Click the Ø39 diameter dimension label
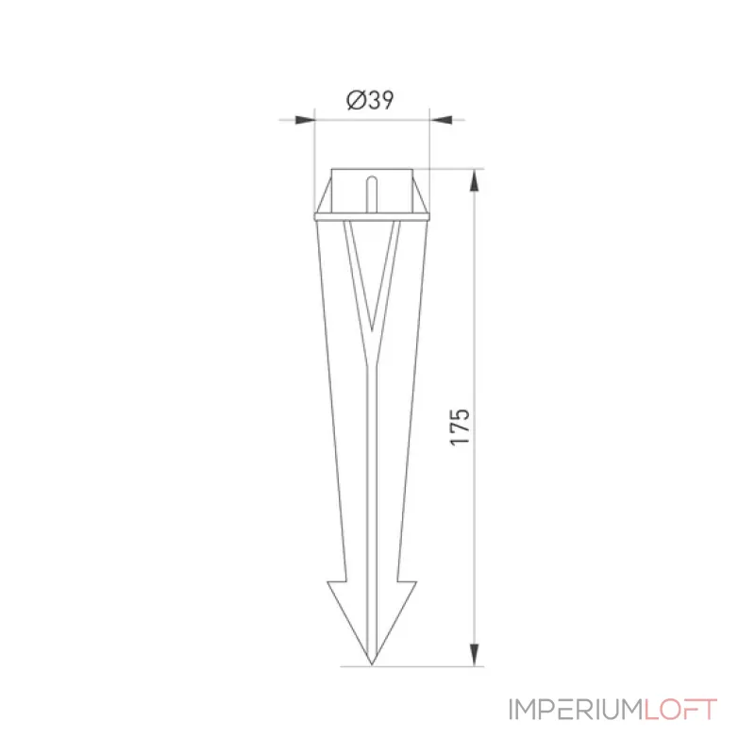[x=370, y=101]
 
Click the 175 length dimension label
[x=460, y=428]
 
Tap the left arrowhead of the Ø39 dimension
[x=305, y=120]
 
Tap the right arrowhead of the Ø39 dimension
[x=441, y=120]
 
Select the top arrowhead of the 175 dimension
[x=475, y=180]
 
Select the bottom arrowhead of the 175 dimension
[x=475, y=655]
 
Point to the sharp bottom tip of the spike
[x=371, y=665]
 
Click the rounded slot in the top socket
[x=371, y=194]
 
